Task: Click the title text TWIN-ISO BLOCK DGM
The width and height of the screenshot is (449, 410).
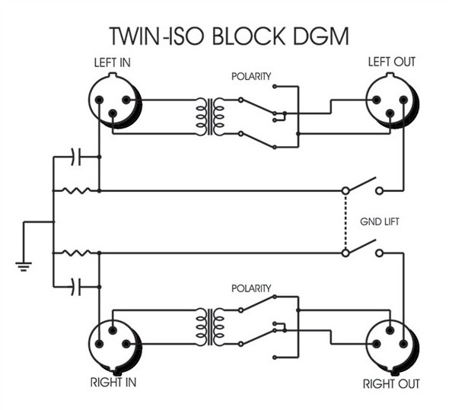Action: click(229, 36)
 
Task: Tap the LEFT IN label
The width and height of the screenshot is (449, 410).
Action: click(113, 62)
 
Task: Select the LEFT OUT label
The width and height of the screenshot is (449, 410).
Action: click(391, 62)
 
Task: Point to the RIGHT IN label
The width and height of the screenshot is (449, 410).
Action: click(113, 383)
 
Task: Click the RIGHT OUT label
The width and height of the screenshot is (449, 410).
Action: click(391, 384)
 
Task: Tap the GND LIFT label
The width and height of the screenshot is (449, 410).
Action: click(380, 221)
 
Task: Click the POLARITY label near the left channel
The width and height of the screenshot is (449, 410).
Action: click(251, 76)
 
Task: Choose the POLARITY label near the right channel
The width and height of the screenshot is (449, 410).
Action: click(251, 288)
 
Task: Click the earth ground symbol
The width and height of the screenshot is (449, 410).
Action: click(24, 266)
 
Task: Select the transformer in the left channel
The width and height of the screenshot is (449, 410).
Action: click(210, 116)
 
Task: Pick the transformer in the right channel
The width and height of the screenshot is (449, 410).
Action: click(210, 326)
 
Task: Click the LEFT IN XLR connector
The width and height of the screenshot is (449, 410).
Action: click(115, 100)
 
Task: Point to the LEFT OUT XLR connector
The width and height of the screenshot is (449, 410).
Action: click(393, 100)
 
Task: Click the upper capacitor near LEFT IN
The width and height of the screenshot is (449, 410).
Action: click(76, 157)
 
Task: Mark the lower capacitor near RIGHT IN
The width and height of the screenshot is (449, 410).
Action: click(76, 287)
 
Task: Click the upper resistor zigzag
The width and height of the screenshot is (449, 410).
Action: click(76, 190)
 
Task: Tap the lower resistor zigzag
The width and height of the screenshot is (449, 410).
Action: click(76, 253)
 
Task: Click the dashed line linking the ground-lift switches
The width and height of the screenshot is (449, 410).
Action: click(346, 222)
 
